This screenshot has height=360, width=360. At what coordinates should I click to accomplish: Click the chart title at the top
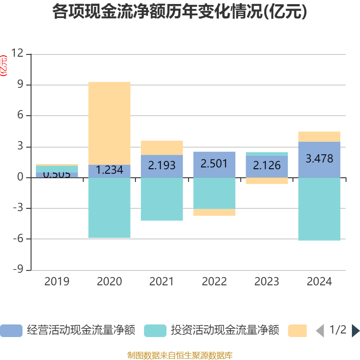click(x=180, y=12)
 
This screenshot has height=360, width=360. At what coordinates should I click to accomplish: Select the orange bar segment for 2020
click(x=109, y=123)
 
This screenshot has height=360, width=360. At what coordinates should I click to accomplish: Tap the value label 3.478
click(x=319, y=158)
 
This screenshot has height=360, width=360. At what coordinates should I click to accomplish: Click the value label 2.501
click(x=214, y=164)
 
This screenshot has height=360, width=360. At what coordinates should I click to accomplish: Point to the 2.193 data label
click(x=162, y=165)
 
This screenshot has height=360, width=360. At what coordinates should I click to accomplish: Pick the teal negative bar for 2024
click(x=319, y=209)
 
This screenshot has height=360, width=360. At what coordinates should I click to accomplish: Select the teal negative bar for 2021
click(x=162, y=199)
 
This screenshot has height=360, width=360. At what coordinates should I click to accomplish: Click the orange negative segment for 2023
click(x=267, y=181)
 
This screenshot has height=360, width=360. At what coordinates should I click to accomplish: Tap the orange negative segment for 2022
click(x=214, y=212)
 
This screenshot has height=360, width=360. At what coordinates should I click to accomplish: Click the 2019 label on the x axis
click(x=57, y=282)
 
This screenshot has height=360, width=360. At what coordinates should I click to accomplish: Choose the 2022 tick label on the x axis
click(x=214, y=282)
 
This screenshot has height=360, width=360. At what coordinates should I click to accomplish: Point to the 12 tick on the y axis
click(x=17, y=54)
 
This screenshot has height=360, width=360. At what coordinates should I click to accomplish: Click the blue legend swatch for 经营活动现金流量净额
click(x=11, y=331)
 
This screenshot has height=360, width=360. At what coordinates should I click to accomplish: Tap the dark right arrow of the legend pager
click(x=355, y=331)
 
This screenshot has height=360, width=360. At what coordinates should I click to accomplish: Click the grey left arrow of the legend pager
click(x=320, y=331)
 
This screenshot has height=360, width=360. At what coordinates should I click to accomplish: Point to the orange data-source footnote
click(x=180, y=355)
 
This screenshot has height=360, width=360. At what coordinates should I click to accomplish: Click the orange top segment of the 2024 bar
click(x=319, y=136)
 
